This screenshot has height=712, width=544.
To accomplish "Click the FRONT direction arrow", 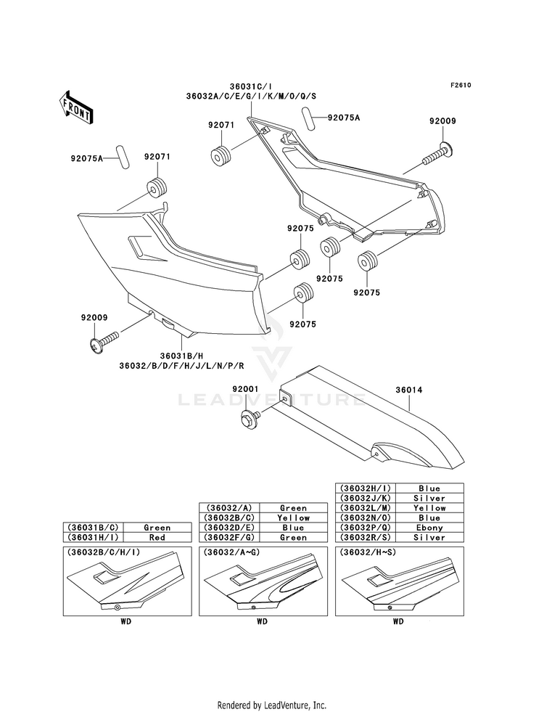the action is click(x=75, y=107).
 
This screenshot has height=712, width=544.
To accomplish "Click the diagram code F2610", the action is click(x=461, y=85).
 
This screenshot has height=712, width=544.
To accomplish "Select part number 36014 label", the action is click(x=409, y=390).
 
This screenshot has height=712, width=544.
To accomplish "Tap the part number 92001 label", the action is click(x=245, y=389).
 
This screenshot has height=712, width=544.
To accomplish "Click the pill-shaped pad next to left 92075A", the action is click(x=123, y=156).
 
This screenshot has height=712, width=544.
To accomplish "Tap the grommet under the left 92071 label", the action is click(x=157, y=188).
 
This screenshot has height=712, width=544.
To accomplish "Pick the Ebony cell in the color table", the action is click(x=429, y=528).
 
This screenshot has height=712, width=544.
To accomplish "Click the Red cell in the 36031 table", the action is click(x=157, y=537).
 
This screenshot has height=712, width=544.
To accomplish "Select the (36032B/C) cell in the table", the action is click(x=231, y=517).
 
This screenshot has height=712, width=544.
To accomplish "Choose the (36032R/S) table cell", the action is click(x=366, y=537).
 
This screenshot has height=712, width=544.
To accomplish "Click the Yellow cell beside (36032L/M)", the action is click(x=429, y=508).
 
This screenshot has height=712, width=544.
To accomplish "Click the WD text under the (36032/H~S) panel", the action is click(x=398, y=621).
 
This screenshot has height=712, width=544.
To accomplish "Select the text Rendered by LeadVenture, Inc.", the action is click(x=272, y=705).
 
